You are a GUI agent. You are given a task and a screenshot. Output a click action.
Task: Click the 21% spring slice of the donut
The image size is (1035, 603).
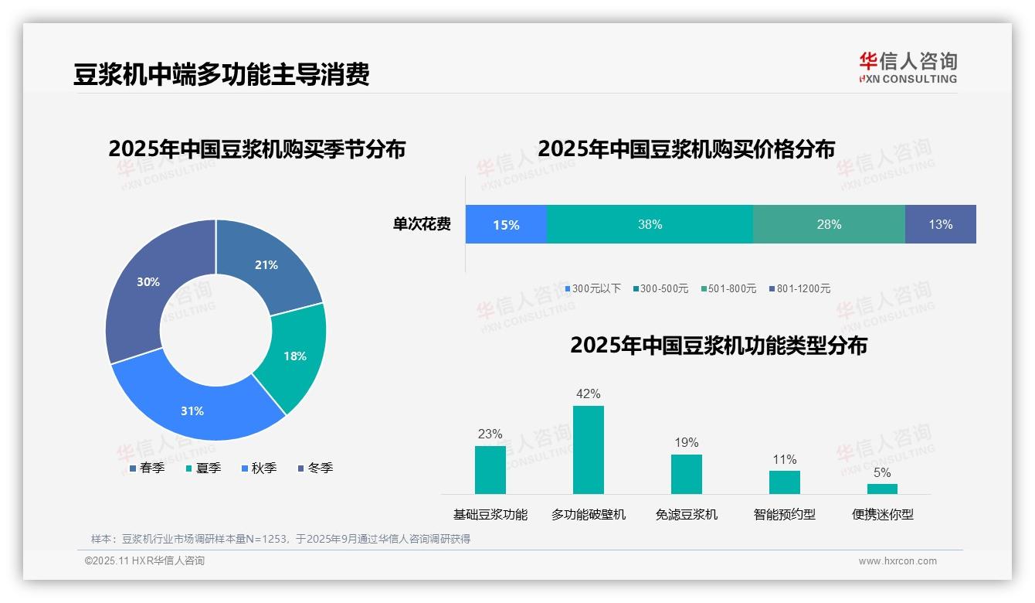click(x=266, y=264)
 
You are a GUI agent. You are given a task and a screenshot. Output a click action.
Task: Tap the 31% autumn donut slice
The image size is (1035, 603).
click(x=193, y=411)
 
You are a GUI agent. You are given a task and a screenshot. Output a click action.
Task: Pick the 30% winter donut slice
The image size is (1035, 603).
click(x=148, y=282)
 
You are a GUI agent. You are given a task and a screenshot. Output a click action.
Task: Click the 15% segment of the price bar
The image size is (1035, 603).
click(x=506, y=225)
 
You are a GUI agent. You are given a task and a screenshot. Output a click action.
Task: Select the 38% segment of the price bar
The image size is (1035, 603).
click(x=650, y=225)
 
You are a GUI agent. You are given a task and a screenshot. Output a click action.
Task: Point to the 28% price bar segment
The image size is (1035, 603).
click(x=829, y=225)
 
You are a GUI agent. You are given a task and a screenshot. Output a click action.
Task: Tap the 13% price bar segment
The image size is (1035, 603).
click(x=940, y=225)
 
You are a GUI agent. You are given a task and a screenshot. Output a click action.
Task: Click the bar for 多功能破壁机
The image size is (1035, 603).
click(x=588, y=450)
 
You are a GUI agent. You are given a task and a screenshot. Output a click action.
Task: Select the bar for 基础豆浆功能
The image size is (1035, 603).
click(x=490, y=470)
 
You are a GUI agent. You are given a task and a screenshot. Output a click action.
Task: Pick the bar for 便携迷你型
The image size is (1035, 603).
click(x=882, y=489)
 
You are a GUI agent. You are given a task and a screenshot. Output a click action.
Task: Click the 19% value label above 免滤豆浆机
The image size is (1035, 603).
click(x=686, y=442)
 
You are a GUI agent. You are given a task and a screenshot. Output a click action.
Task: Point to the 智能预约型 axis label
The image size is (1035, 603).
click(x=784, y=514)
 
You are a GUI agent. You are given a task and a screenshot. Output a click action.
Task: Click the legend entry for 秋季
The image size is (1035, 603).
click(x=259, y=468)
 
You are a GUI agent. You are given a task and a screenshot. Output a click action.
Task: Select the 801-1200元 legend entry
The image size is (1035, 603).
click(x=799, y=288)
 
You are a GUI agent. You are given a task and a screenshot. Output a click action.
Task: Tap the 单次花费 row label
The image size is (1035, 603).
click(x=422, y=225)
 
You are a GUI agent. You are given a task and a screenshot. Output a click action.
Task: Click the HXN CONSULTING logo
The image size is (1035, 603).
click(x=908, y=67)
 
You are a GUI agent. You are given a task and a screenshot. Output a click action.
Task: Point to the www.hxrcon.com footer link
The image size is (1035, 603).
click(x=898, y=561)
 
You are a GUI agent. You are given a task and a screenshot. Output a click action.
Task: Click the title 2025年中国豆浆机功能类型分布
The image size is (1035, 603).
click(x=718, y=346)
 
